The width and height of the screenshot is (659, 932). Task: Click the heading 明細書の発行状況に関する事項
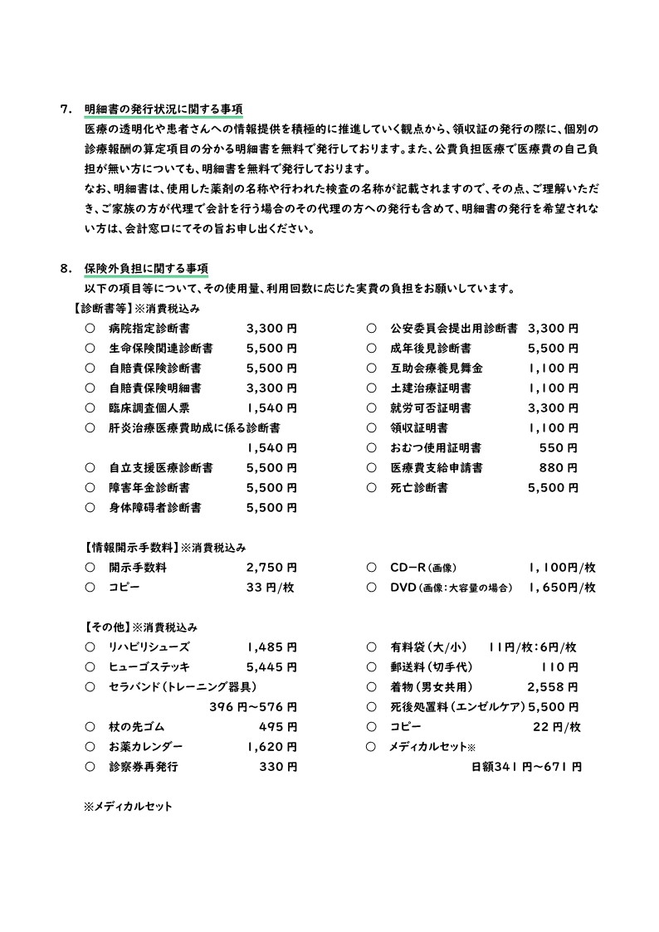click(x=164, y=110)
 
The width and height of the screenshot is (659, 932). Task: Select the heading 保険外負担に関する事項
click(x=146, y=269)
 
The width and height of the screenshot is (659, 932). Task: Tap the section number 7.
click(x=66, y=110)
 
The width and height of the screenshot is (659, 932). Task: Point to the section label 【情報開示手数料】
click(x=131, y=548)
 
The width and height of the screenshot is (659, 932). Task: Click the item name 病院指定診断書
click(x=149, y=329)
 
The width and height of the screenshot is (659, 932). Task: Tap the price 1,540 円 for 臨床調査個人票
click(x=271, y=408)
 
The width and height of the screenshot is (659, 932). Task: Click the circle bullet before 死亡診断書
click(x=371, y=488)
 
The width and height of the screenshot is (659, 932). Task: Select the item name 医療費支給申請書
click(x=437, y=468)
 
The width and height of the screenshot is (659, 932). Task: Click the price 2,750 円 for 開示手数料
click(x=271, y=568)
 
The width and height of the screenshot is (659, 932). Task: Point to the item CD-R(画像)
click(x=423, y=568)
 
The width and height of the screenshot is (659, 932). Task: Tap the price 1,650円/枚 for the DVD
click(x=561, y=588)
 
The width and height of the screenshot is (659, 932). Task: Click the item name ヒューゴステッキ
click(x=149, y=667)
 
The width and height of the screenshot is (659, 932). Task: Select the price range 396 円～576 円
click(x=253, y=707)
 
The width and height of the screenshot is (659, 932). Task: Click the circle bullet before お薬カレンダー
click(x=90, y=747)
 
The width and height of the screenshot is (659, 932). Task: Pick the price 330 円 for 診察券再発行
click(x=278, y=767)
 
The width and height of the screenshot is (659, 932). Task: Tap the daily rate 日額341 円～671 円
click(x=526, y=767)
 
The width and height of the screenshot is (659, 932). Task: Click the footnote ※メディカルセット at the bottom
click(x=128, y=806)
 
